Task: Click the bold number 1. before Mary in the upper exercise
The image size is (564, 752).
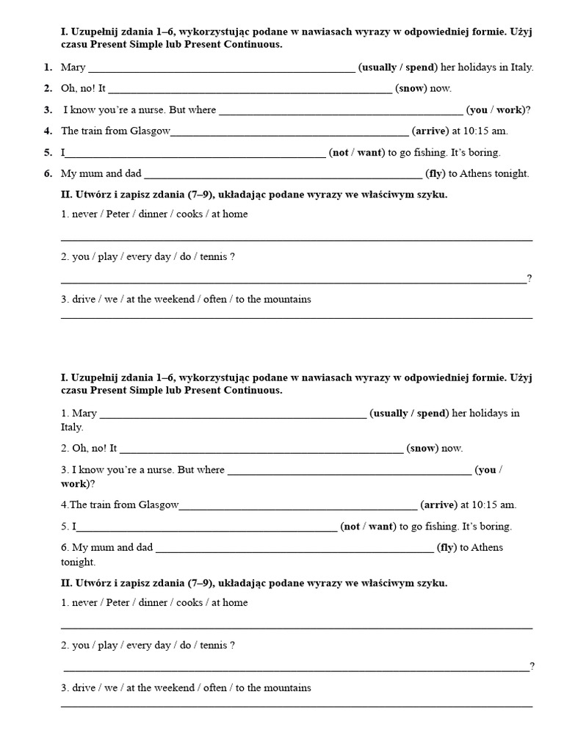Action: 47,68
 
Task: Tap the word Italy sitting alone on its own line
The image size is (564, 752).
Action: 72,427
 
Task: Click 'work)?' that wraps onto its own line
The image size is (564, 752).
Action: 78,484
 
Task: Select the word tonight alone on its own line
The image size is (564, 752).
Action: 78,562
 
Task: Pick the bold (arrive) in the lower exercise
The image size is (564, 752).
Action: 438,505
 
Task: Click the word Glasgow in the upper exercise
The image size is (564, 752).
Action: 150,131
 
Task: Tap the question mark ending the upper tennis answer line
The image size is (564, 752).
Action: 529,278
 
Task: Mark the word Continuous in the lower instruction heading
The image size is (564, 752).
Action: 256,391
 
